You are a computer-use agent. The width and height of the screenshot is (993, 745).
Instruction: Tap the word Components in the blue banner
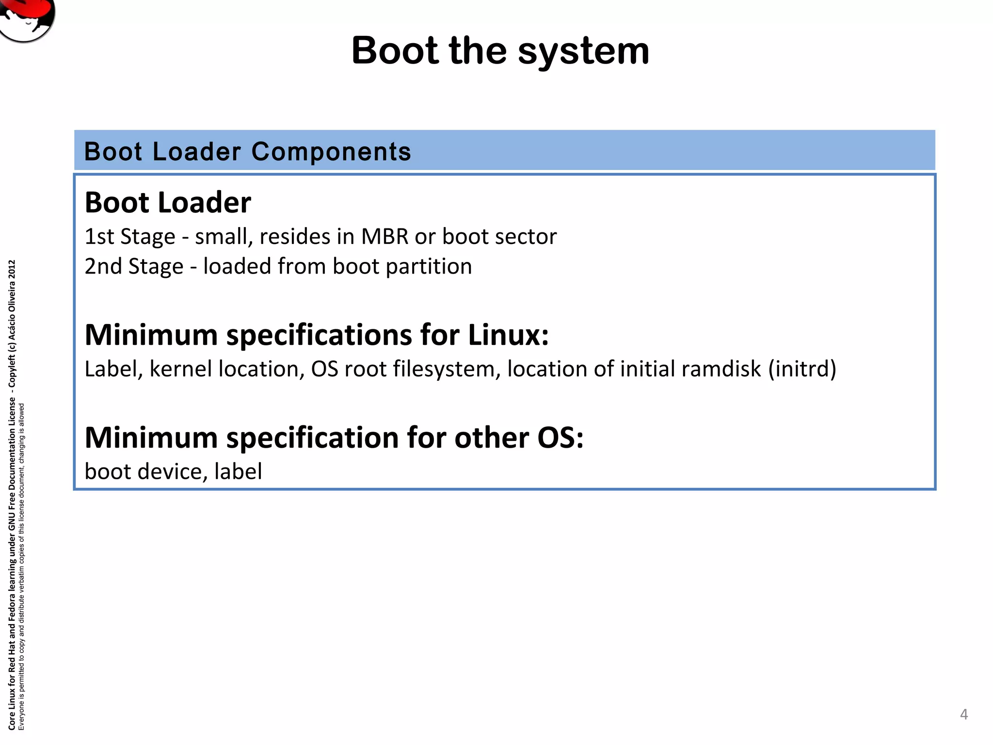click(331, 152)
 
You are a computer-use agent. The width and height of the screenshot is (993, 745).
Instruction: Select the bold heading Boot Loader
click(168, 202)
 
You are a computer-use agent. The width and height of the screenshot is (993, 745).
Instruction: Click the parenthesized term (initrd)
click(802, 369)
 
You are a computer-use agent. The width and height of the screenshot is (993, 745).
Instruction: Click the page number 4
click(963, 714)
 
